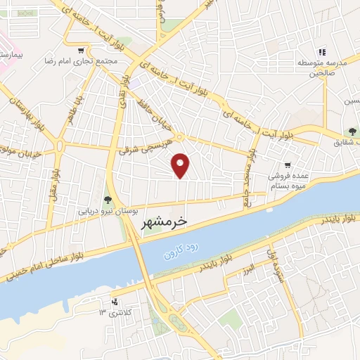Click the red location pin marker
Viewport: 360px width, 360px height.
181,165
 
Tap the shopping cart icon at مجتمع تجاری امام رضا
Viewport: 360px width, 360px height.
82,50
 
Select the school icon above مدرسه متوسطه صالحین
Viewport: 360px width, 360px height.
322,51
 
